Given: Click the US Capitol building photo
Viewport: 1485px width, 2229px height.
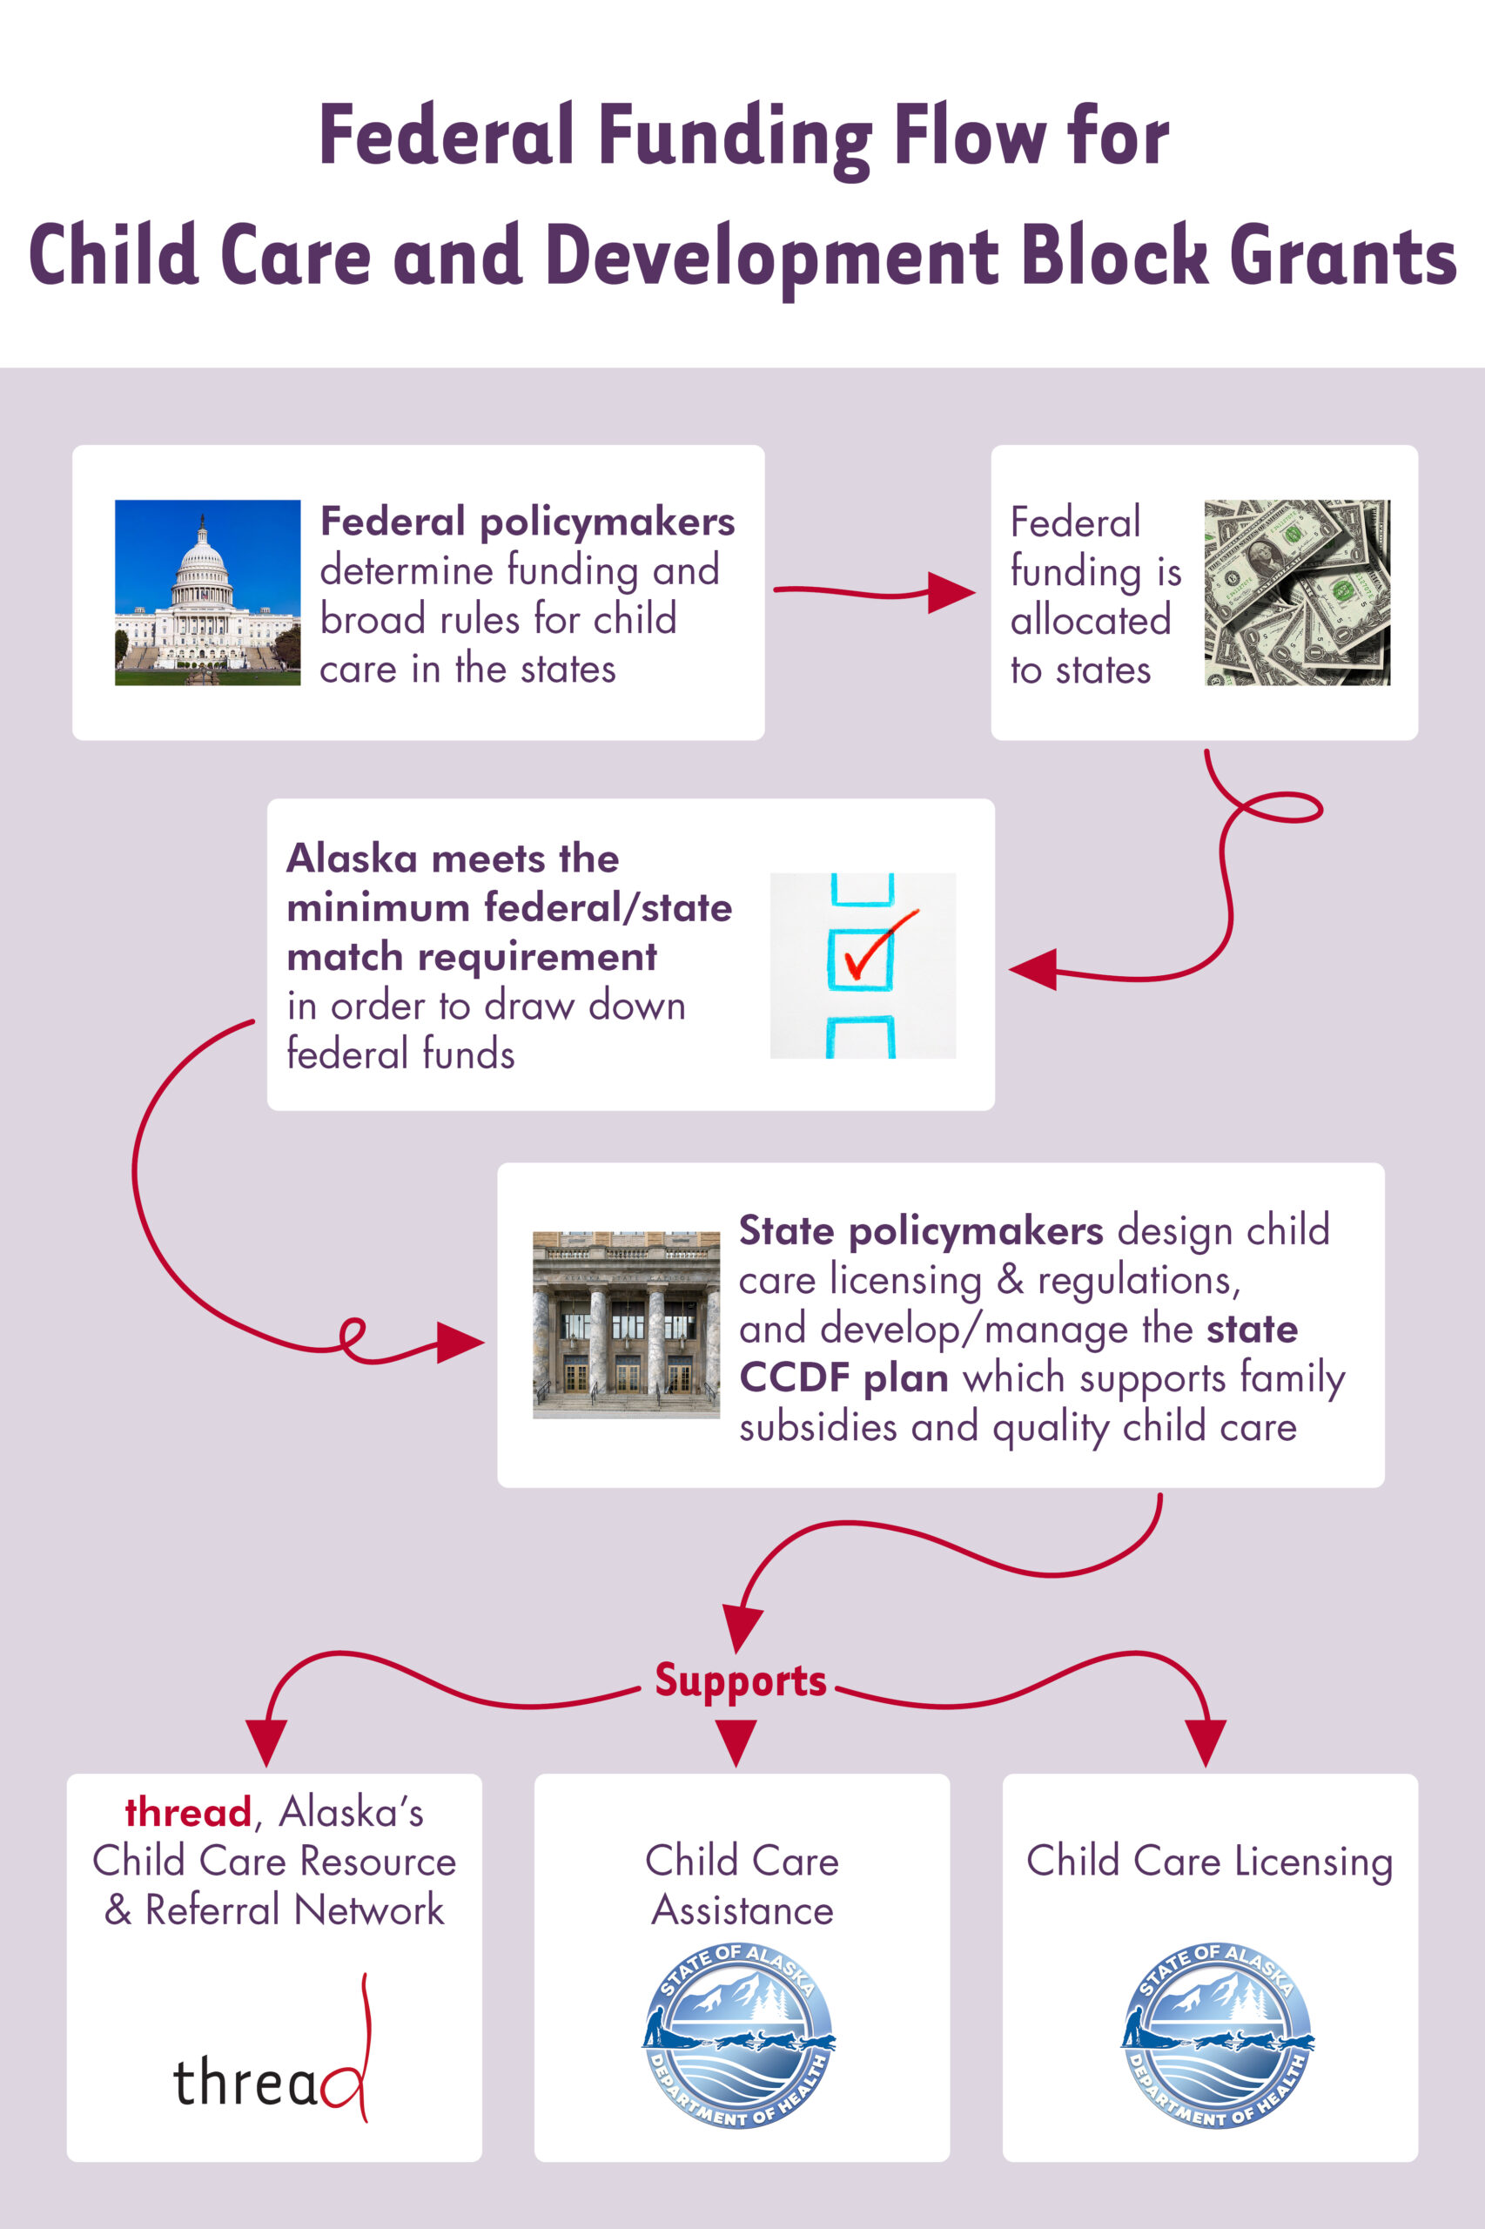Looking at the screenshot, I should tap(207, 592).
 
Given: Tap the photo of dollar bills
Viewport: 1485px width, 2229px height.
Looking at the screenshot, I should tap(1296, 592).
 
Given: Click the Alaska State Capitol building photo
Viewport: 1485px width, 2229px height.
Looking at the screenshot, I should tap(626, 1324).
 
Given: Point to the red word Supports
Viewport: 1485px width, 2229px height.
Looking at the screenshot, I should tap(741, 1680).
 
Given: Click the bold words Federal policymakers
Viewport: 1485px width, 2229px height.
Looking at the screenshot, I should tap(527, 522).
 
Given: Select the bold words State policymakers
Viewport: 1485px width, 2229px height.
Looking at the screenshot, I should tap(921, 1230).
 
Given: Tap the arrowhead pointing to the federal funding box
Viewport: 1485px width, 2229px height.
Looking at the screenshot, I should tap(950, 593).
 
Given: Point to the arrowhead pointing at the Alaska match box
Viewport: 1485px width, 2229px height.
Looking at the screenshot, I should tap(1033, 969).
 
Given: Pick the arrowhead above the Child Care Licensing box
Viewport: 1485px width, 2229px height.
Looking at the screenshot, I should tap(1206, 1741).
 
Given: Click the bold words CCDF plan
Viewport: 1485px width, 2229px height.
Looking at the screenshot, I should tap(843, 1377).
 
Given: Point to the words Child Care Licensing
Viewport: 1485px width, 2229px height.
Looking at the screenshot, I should tap(1209, 1862).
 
